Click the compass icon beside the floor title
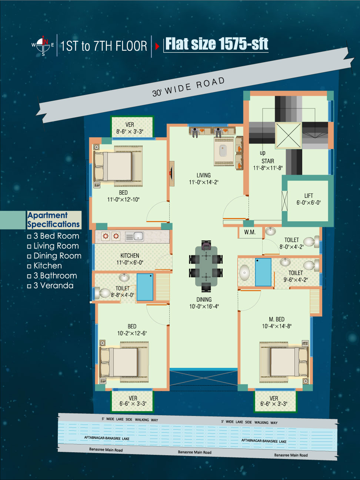(x=43, y=45)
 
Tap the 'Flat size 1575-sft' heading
(x=217, y=44)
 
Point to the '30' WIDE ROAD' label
(x=189, y=87)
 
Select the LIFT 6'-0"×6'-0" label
(x=309, y=199)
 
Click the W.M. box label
(x=250, y=232)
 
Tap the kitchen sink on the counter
(x=134, y=236)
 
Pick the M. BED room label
(x=277, y=323)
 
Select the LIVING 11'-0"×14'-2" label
(x=204, y=179)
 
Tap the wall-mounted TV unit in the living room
(x=172, y=174)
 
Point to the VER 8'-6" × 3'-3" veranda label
(x=130, y=128)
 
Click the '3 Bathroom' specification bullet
(x=52, y=276)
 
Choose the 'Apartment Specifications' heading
(x=53, y=220)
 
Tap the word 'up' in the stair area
(x=263, y=153)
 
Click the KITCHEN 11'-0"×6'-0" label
(x=130, y=259)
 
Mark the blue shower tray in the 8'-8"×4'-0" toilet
(x=145, y=287)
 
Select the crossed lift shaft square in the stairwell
(x=289, y=135)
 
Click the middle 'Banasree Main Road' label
(x=194, y=452)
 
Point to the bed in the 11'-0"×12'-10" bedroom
(x=118, y=166)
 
